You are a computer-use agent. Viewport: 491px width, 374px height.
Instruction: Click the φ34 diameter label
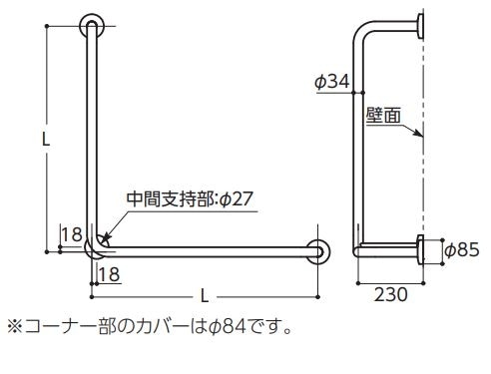332,82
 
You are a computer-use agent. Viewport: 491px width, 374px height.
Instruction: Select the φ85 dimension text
462,250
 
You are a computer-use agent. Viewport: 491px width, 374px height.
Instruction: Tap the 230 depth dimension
390,294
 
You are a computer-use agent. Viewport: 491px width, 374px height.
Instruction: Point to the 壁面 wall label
383,116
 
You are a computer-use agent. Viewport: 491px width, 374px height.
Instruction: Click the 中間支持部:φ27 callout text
190,199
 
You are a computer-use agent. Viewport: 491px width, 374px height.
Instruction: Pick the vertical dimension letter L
46,139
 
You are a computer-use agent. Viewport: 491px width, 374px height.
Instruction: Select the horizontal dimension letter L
205,295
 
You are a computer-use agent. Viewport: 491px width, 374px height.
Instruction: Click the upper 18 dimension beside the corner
72,234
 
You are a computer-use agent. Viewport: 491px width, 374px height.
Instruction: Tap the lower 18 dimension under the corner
109,274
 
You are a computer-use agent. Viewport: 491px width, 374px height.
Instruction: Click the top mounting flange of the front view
92,26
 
